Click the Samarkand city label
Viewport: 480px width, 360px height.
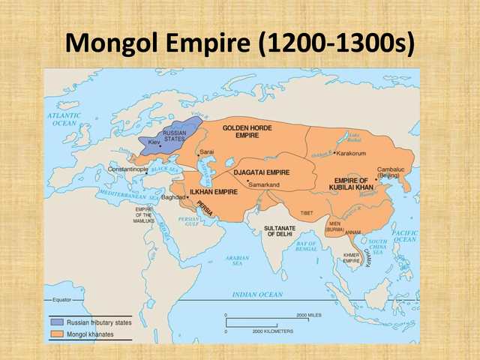click(x=264, y=184)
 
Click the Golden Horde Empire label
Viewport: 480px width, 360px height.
click(x=245, y=132)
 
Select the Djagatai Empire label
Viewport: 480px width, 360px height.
click(x=262, y=172)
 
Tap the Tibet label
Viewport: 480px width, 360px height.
click(x=307, y=213)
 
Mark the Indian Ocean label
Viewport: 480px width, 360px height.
click(x=257, y=295)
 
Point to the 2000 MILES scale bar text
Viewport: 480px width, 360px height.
click(x=308, y=315)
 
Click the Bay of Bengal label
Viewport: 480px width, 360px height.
click(x=307, y=247)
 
